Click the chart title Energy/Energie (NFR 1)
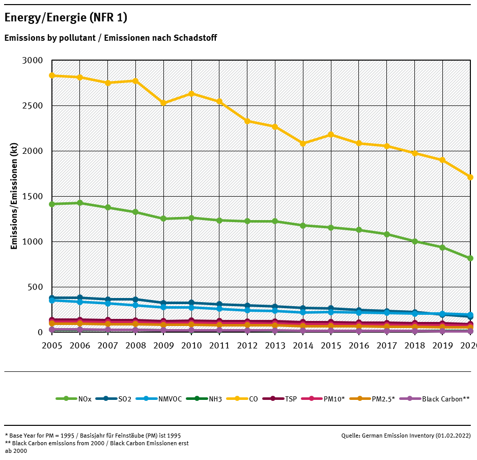(66, 18)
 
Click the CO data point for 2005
(52, 75)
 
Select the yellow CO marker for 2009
(163, 103)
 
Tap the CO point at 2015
(331, 134)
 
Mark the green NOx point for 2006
(80, 203)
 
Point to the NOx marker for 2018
(415, 241)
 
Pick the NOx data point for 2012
(247, 221)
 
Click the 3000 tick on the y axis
(33, 61)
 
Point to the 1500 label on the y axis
(33, 197)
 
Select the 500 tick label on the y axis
(36, 287)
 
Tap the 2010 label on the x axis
(191, 345)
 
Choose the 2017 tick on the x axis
(387, 345)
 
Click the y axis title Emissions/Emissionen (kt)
(14, 196)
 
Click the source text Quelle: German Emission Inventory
(406, 436)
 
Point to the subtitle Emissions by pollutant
(110, 38)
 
